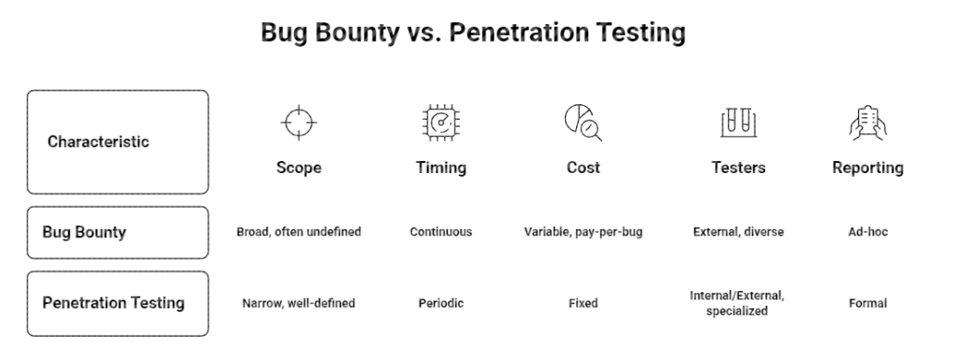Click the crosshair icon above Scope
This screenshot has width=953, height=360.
(x=299, y=123)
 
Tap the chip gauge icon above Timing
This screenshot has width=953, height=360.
(x=440, y=123)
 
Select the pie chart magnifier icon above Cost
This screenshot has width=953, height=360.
(x=583, y=123)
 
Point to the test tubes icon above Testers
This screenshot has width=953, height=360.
(x=738, y=123)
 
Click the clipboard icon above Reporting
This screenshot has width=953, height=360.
(x=868, y=123)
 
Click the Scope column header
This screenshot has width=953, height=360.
(x=299, y=167)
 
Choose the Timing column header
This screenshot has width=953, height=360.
(x=440, y=168)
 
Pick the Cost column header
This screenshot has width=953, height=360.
(x=583, y=167)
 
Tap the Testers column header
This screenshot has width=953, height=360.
(x=738, y=167)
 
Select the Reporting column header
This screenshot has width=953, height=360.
(x=868, y=168)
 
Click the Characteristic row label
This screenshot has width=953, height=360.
(x=98, y=141)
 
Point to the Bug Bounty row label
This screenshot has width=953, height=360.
(x=84, y=233)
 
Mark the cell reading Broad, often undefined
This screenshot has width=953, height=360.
(x=299, y=232)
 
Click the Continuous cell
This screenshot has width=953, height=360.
(x=440, y=232)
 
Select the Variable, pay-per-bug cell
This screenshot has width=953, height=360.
(x=583, y=232)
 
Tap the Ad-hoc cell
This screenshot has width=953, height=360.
(x=868, y=232)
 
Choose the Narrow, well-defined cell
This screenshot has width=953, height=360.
(x=299, y=303)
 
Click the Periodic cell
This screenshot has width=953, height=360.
(x=440, y=303)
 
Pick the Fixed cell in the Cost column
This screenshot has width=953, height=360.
(x=583, y=303)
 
